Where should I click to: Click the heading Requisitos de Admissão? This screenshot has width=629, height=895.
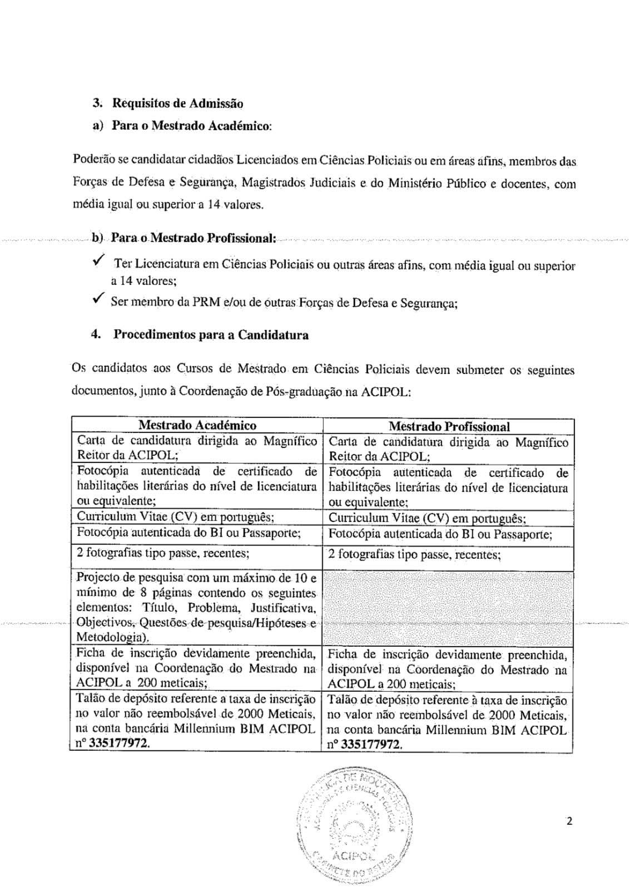click(x=177, y=103)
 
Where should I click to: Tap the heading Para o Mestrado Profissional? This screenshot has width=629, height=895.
click(x=194, y=238)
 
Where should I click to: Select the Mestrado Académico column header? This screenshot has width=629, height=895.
click(x=197, y=425)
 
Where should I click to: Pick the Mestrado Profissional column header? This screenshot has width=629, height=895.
click(x=448, y=426)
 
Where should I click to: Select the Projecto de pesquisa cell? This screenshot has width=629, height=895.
click(x=197, y=606)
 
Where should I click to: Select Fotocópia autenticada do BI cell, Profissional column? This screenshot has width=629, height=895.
click(x=440, y=534)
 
